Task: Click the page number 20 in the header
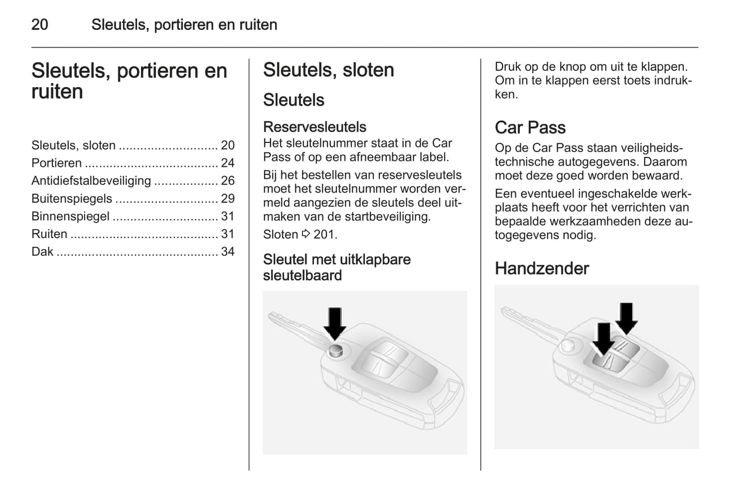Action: (x=40, y=25)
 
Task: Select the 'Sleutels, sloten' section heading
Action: (x=328, y=70)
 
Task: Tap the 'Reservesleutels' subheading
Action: (x=314, y=127)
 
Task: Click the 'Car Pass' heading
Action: (x=530, y=127)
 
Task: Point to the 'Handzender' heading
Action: (x=542, y=268)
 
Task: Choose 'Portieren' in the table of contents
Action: (x=56, y=163)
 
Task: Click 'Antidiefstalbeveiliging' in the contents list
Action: (x=91, y=181)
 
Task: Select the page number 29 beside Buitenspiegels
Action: (x=228, y=199)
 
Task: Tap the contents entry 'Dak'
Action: (x=42, y=252)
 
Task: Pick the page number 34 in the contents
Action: (x=228, y=252)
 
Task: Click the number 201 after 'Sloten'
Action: (x=324, y=234)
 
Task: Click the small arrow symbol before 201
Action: (x=306, y=234)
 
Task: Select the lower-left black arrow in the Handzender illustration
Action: (x=602, y=339)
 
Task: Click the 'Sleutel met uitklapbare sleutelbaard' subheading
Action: (x=337, y=267)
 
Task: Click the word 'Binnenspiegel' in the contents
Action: (x=70, y=216)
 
